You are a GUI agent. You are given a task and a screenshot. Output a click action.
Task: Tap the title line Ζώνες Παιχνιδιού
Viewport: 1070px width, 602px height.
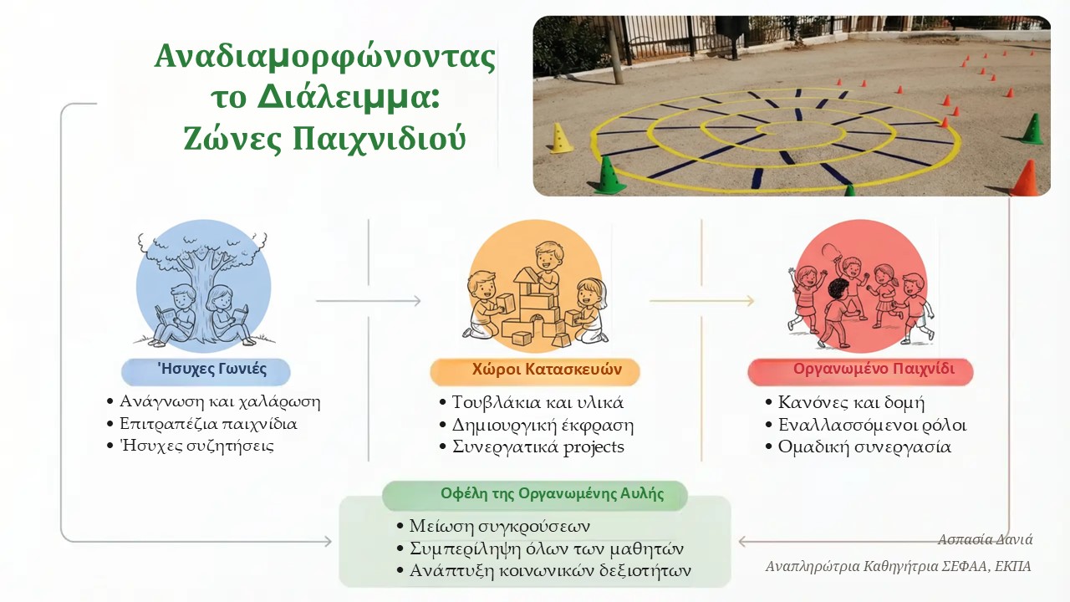(325, 139)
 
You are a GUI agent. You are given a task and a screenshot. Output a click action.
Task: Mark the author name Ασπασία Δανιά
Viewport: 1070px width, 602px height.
(985, 539)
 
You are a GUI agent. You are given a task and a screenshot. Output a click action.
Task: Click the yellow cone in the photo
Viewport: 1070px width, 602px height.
(561, 138)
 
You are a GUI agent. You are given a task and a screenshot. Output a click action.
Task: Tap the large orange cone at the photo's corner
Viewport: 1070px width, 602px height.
(1026, 178)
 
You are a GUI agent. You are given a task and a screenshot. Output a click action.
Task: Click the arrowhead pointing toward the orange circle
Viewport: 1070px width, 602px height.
(417, 301)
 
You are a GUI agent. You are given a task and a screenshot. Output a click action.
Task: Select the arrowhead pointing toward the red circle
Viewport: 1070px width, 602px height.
(750, 301)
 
